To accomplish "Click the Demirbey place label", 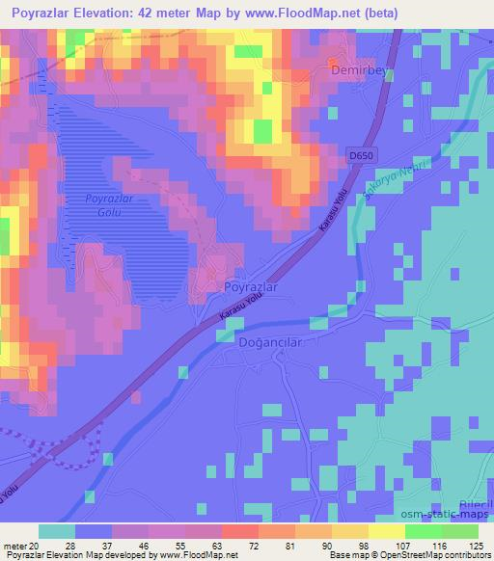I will click(x=358, y=71).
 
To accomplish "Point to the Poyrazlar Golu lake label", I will click(x=110, y=204).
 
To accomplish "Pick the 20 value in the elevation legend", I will click(x=36, y=547).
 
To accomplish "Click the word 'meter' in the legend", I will click(x=14, y=547).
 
